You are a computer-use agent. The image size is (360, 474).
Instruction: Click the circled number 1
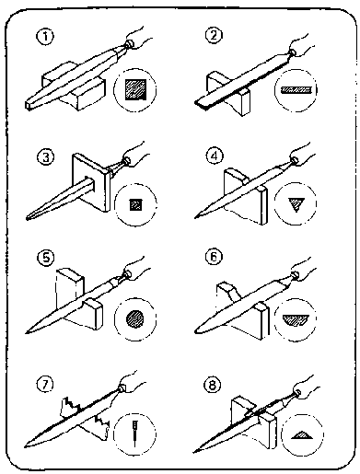45,37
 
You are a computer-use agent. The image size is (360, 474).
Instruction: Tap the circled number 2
214,35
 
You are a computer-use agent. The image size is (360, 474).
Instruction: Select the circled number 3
45,157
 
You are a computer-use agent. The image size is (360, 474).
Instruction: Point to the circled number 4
214,156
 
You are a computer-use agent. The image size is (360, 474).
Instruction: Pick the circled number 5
46,258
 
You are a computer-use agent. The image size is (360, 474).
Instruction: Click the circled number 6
214,257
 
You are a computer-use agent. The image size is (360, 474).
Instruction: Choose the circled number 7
45,385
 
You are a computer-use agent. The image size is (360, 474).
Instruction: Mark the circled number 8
213,385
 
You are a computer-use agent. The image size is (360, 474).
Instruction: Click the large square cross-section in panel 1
135,89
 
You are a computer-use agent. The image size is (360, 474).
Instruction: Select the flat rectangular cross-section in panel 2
296,89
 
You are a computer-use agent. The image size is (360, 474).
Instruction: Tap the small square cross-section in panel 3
135,204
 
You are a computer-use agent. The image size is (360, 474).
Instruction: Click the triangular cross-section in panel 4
296,204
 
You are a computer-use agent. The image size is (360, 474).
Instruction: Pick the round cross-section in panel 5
135,318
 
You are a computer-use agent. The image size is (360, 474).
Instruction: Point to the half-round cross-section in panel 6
296,319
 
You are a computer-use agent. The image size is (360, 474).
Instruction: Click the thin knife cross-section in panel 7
134,434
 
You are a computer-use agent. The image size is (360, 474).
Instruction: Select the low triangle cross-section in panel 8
302,434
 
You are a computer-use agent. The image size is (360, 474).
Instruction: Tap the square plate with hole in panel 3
91,182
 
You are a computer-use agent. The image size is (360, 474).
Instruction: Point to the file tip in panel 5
27,332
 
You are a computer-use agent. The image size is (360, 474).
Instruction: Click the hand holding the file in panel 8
307,387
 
